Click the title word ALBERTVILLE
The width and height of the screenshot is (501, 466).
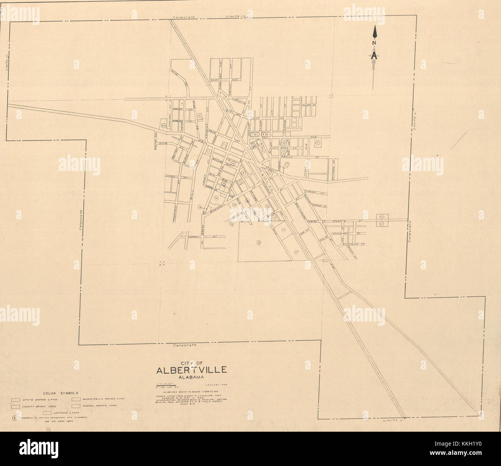tap(192, 370)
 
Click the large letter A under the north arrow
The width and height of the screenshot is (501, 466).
tap(374, 55)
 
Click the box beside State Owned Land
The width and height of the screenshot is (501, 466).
tap(15, 399)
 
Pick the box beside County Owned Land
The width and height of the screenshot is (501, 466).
tap(15, 406)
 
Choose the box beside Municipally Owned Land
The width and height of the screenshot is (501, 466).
tap(76, 399)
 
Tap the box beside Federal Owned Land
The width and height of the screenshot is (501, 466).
tap(76, 406)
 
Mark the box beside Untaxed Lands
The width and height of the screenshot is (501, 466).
tap(47, 413)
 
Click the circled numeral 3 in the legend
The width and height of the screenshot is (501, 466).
tap(15, 418)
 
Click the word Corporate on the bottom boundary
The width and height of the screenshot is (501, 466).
tap(185, 344)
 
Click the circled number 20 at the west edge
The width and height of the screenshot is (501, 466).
tap(163, 126)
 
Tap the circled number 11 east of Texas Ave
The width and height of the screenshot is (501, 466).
tap(318, 143)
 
